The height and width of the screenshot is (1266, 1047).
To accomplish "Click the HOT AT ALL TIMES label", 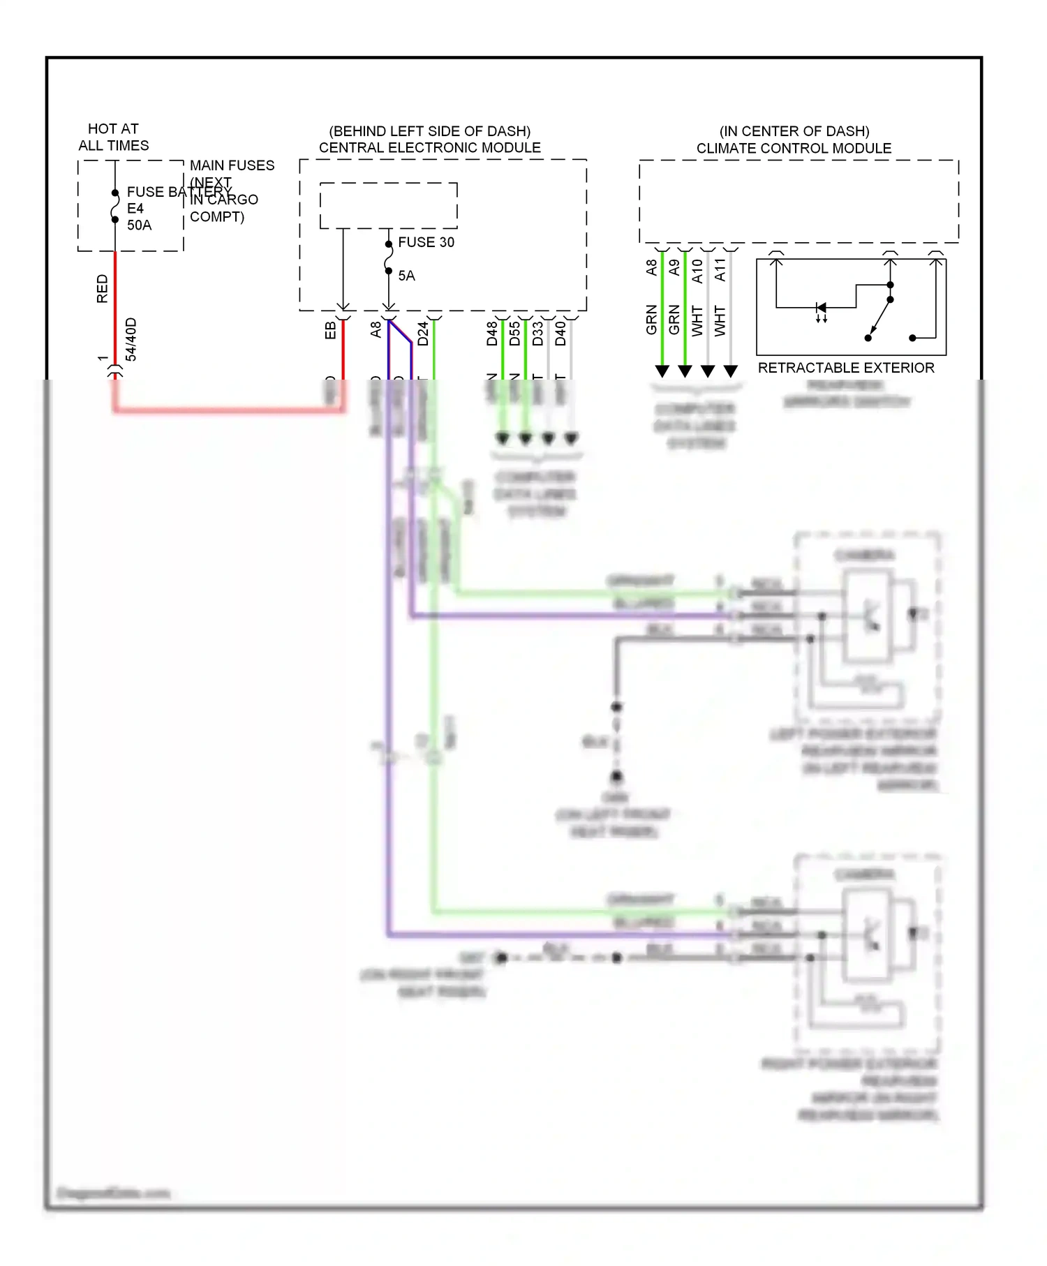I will tap(113, 137).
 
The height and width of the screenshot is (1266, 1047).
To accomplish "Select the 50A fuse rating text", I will tap(139, 225).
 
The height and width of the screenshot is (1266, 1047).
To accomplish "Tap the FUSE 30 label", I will tap(426, 242).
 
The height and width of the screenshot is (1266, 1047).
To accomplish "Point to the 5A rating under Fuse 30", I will tap(406, 276).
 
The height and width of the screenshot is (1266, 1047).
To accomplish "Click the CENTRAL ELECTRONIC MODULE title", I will tap(429, 148).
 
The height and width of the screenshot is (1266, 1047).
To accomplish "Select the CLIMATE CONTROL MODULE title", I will tap(794, 149).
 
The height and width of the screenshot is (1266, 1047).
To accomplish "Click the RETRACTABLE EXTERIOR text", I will tap(845, 368).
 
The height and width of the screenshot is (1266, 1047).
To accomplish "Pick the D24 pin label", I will tap(423, 334).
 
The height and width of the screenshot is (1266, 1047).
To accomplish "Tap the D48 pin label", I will tap(492, 334).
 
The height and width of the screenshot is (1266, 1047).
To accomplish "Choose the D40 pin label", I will tap(560, 334).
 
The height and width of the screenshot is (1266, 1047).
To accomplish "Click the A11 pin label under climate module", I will tap(720, 269).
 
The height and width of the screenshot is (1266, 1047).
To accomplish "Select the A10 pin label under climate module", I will tap(697, 271).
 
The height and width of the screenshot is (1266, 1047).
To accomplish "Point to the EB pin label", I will tap(331, 330).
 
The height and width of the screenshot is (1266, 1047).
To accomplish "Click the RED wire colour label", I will tap(103, 288).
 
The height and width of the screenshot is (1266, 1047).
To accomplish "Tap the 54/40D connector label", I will tap(131, 340).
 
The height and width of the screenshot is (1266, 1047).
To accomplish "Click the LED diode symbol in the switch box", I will tap(822, 308).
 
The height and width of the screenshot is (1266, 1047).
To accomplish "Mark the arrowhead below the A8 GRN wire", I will tap(662, 371).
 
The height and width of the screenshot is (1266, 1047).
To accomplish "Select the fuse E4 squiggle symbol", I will tap(115, 207).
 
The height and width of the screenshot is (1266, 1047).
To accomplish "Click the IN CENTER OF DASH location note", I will tap(794, 131).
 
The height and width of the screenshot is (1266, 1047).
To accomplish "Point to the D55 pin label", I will tap(514, 334).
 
